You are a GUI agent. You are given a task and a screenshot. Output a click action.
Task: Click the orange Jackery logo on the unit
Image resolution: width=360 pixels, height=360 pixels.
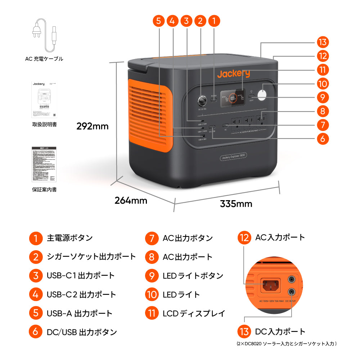[x=233, y=74]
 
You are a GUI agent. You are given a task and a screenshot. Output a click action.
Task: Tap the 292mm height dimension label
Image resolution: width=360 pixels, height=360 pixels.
[x=92, y=126]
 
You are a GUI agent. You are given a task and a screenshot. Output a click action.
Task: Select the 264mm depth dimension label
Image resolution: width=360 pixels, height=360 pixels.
[x=131, y=201]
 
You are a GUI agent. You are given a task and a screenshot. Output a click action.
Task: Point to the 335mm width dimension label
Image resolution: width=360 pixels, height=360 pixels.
[x=236, y=204]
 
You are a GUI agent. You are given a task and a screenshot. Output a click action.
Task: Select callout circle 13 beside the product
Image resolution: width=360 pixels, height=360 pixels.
[x=323, y=42]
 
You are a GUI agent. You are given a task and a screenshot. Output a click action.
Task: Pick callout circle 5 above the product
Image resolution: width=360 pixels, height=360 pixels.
[x=158, y=21]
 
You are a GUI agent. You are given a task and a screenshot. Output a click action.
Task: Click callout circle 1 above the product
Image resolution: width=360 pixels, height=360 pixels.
[x=214, y=21]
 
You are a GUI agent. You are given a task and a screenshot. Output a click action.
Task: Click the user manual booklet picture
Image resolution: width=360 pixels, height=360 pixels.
[x=44, y=99]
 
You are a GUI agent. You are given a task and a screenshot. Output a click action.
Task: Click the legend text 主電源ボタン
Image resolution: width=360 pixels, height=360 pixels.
[x=70, y=238]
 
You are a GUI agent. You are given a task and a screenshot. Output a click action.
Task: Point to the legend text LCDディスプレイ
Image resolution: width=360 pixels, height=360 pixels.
[x=194, y=313]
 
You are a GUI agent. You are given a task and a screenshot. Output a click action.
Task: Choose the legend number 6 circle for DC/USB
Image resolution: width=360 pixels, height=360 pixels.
[x=35, y=332]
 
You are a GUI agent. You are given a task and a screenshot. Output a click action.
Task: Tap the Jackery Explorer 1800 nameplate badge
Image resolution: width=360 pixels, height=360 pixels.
[x=233, y=157]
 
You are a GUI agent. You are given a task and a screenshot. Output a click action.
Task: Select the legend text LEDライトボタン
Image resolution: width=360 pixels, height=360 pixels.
[x=193, y=276]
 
